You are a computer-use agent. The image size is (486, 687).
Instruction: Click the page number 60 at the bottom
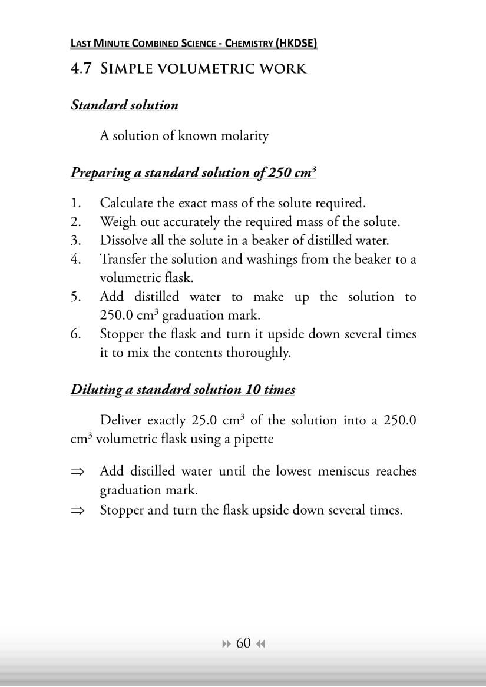coord(243,643)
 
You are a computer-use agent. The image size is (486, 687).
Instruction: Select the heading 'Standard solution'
coord(124,105)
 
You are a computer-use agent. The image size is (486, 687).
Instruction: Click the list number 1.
coord(75,204)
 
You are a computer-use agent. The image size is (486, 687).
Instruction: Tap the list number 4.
coord(75,259)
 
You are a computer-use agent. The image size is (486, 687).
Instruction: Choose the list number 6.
coord(75,334)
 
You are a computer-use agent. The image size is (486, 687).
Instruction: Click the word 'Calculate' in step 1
coord(127,204)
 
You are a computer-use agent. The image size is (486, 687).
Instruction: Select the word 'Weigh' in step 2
coord(117,223)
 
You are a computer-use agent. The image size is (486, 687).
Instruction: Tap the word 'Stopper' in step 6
coord(123,335)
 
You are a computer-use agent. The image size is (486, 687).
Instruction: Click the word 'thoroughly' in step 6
coord(259,353)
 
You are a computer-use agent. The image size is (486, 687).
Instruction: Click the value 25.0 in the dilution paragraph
coord(206,420)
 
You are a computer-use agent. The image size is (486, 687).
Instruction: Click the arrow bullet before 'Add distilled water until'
coord(77,472)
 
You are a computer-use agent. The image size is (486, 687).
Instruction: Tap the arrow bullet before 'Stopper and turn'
coord(77,510)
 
